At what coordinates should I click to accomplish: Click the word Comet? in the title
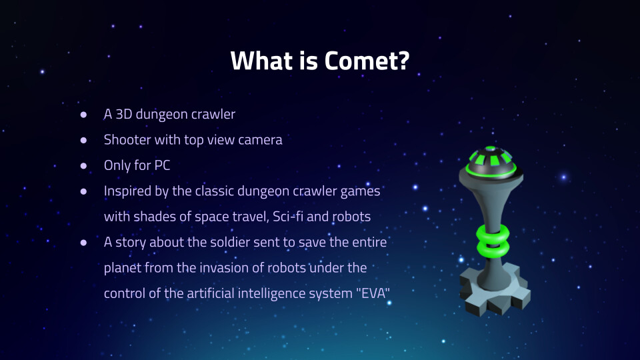[x=367, y=61]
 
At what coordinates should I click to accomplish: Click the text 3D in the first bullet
[x=124, y=114]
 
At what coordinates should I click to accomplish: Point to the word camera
[x=260, y=141]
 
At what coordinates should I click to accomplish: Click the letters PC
[x=162, y=165]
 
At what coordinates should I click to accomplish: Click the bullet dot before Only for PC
[x=84, y=166]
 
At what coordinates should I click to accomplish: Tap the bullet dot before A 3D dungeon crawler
[x=84, y=115]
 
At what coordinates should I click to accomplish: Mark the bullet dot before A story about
[x=84, y=243]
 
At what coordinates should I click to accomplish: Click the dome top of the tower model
[x=491, y=161]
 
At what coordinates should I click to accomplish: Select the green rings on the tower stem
[x=493, y=241]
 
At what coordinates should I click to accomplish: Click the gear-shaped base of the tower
[x=495, y=290]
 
